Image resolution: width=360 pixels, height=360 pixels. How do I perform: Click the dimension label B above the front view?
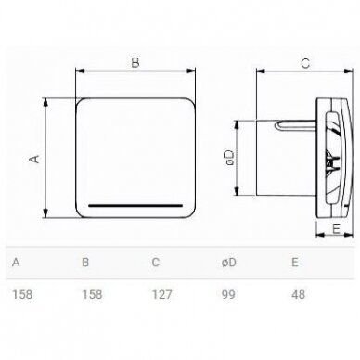[x=135, y=64]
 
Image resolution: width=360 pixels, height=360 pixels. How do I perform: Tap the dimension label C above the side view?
[x=303, y=64]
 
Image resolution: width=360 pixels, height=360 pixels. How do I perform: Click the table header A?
[x=15, y=263]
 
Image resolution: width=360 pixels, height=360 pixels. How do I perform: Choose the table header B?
[x=85, y=263]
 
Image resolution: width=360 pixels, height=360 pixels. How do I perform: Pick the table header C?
[x=156, y=263]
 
